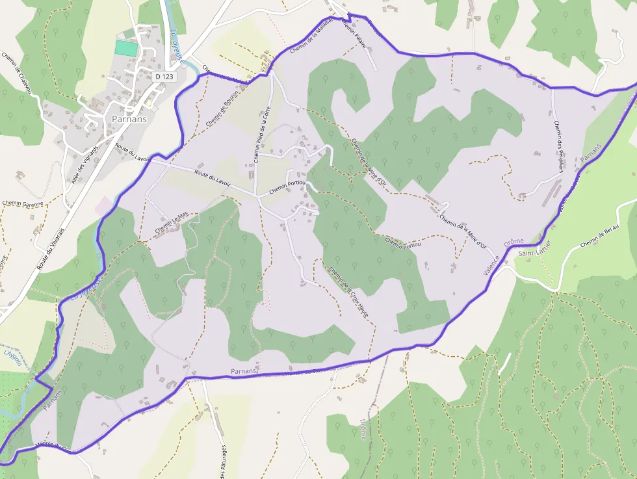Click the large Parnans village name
pyautogui.click(x=129, y=120)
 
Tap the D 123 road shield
pyautogui.click(x=165, y=77)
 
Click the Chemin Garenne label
pyautogui.click(x=23, y=203)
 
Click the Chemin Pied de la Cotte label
pyautogui.click(x=261, y=135)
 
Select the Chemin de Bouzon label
pyautogui.click(x=222, y=107)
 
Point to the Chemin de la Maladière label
pyautogui.click(x=313, y=36)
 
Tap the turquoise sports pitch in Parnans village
pyautogui.click(x=126, y=47)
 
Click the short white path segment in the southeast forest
pyautogui.click(x=505, y=363)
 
